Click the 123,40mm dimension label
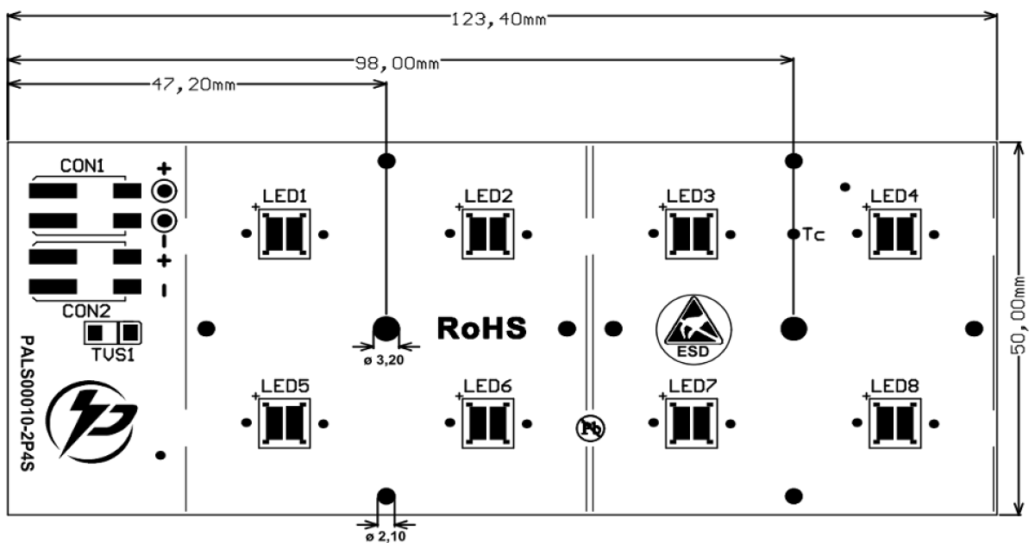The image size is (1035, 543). [x=499, y=20]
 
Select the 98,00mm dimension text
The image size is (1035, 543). [x=397, y=63]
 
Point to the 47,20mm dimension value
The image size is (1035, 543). [x=193, y=85]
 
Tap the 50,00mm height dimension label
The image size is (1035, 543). [x=1019, y=315]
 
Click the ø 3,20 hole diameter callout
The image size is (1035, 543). [x=384, y=360]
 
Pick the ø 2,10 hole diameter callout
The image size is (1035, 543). [x=386, y=536]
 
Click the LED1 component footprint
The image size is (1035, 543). [x=284, y=234]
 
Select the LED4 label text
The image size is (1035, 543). [x=894, y=197]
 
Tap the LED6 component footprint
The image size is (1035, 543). [x=488, y=423]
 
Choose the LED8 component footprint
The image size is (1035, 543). [x=895, y=423]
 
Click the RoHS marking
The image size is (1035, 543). [x=481, y=328]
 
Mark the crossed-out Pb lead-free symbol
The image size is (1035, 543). [x=591, y=428]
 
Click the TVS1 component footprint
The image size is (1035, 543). [x=112, y=333]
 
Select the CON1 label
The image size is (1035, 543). [x=82, y=166]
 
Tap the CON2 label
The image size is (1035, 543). [x=86, y=312]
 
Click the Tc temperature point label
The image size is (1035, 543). [x=813, y=234]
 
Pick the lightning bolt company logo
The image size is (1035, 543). [x=91, y=421]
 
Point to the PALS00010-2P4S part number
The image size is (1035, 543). [x=28, y=403]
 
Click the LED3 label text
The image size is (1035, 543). [x=691, y=197]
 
